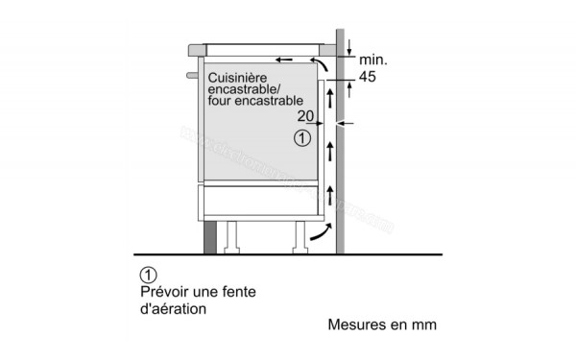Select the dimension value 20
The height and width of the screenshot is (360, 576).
(x=306, y=116)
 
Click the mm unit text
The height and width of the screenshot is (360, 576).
(x=424, y=325)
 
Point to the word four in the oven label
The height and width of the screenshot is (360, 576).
(x=217, y=99)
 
